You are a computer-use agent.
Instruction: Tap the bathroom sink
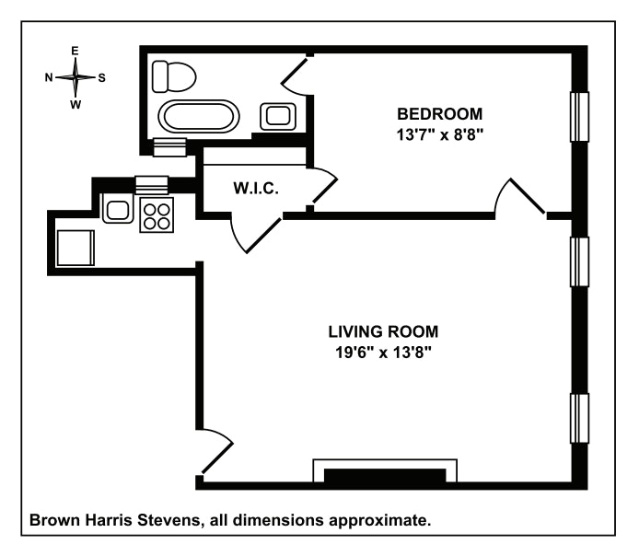pyautogui.click(x=277, y=116)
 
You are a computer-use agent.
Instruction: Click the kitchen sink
pyautogui.click(x=117, y=209)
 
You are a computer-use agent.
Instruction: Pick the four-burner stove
pyautogui.click(x=156, y=214)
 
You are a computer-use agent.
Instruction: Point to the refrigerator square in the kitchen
pyautogui.click(x=76, y=247)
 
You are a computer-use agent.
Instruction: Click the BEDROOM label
pyautogui.click(x=439, y=114)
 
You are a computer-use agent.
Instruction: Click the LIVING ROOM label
pyautogui.click(x=383, y=331)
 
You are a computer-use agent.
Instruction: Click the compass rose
pyautogui.click(x=76, y=77)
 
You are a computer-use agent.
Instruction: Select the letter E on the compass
pyautogui.click(x=76, y=51)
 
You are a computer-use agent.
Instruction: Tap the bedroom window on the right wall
pyautogui.click(x=579, y=118)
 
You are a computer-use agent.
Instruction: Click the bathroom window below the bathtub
pyautogui.click(x=169, y=144)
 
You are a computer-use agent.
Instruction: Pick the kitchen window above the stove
pyautogui.click(x=151, y=183)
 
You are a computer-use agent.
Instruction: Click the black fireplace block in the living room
pyautogui.click(x=386, y=475)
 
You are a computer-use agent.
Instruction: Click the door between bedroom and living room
pyautogui.click(x=520, y=196)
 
